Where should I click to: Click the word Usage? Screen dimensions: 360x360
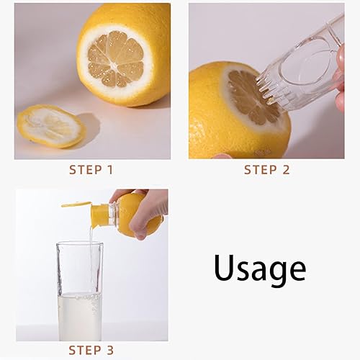(x=259, y=268)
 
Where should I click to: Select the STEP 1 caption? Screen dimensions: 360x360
(x=91, y=170)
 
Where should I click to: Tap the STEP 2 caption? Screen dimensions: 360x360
(x=266, y=170)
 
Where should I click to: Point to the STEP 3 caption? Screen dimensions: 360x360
(x=91, y=350)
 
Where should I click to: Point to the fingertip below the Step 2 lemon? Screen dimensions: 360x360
(x=222, y=156)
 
